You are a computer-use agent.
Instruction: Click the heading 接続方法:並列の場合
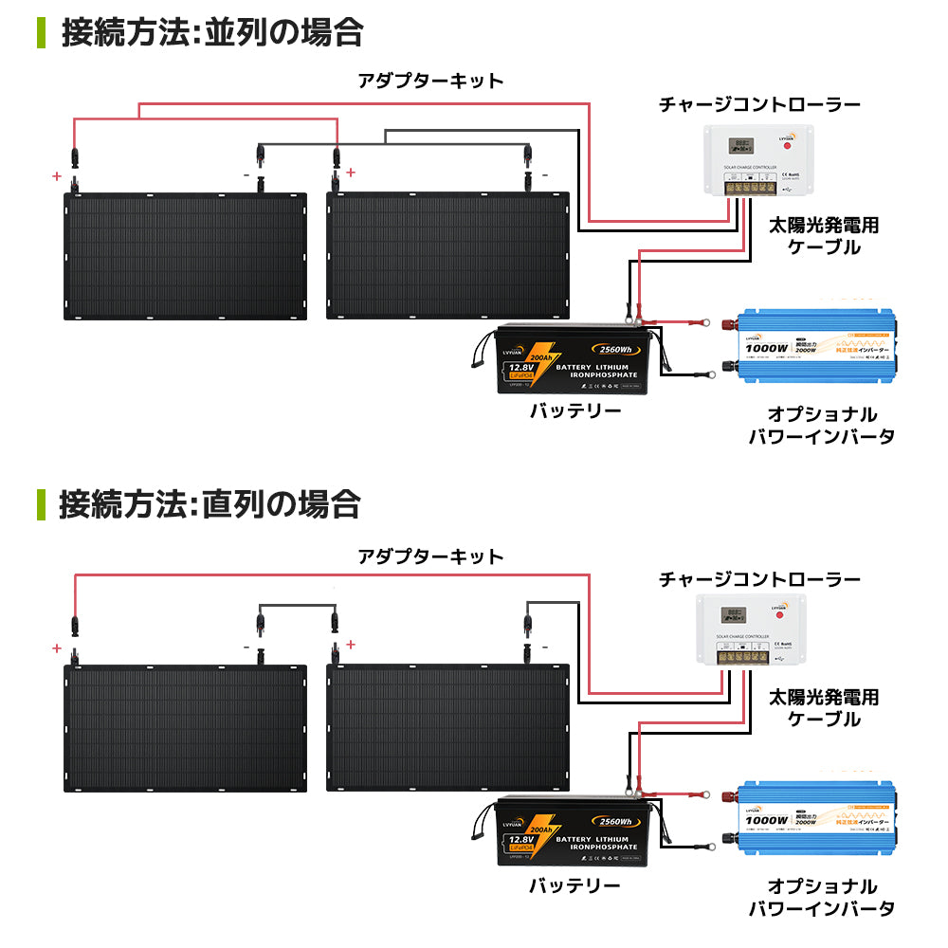pyautogui.click(x=211, y=31)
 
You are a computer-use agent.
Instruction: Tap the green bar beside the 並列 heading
pyautogui.click(x=40, y=31)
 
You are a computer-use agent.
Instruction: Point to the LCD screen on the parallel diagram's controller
pyautogui.click(x=739, y=147)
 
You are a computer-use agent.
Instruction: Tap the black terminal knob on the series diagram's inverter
pyautogui.click(x=731, y=838)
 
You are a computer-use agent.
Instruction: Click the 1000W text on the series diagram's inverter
pyautogui.click(x=766, y=818)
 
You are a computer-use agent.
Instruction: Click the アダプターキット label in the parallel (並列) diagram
pyautogui.click(x=430, y=81)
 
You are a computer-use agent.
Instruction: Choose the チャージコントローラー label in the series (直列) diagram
pyautogui.click(x=759, y=578)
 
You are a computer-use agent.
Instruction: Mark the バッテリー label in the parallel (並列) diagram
pyautogui.click(x=574, y=411)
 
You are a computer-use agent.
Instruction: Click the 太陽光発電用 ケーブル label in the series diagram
pyautogui.click(x=824, y=708)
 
